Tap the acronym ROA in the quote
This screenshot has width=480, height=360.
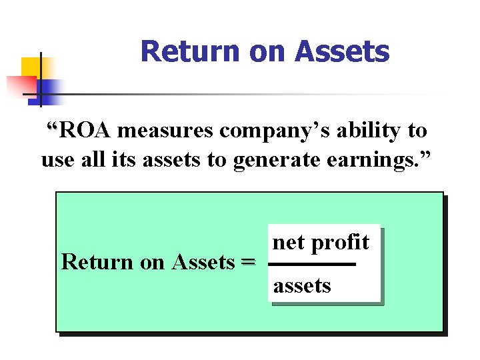(x=85, y=131)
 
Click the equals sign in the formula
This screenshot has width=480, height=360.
(x=247, y=263)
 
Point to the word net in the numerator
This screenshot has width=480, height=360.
(x=289, y=243)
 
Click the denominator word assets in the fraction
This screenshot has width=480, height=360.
(x=302, y=286)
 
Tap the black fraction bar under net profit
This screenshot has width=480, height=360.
(x=311, y=265)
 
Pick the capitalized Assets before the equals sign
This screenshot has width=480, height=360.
(x=203, y=263)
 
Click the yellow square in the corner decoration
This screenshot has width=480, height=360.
(x=31, y=67)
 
